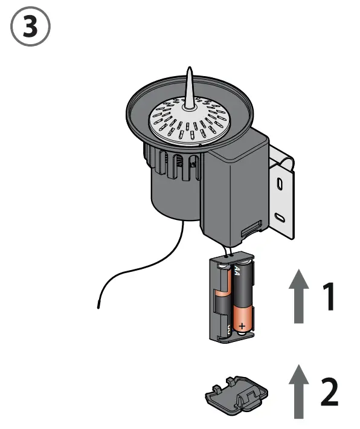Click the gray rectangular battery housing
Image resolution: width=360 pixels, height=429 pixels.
[x=234, y=193]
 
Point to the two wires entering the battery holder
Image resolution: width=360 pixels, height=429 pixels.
[x=230, y=249]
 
